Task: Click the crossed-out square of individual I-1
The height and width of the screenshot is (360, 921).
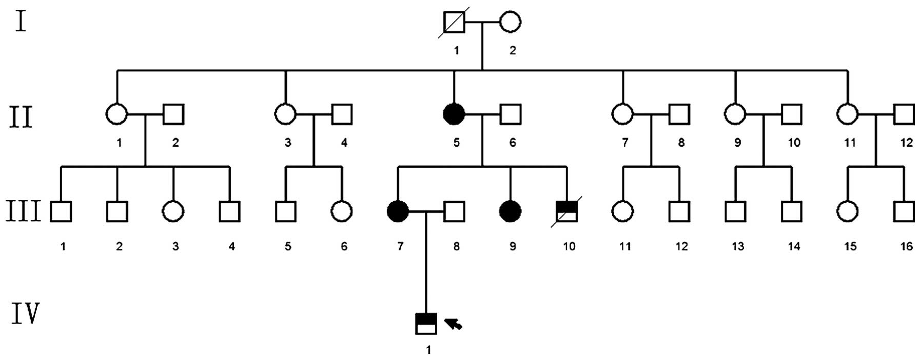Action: [x=454, y=22]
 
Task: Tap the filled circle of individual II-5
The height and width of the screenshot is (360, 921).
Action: [x=454, y=114]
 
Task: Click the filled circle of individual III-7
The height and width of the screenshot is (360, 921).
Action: [x=398, y=211]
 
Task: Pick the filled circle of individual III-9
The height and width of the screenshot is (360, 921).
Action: [x=510, y=211]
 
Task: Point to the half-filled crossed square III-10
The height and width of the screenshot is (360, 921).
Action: [x=566, y=211]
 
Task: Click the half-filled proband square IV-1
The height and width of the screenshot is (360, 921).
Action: [x=426, y=324]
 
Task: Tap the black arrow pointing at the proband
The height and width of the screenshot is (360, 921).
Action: [x=454, y=324]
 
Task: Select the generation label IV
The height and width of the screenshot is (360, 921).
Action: [x=25, y=314]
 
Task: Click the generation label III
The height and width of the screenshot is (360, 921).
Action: [x=23, y=211]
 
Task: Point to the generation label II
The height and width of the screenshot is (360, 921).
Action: [x=21, y=117]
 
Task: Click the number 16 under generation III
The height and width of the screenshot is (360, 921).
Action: [x=906, y=247]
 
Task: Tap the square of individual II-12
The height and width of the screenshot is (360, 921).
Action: [x=904, y=114]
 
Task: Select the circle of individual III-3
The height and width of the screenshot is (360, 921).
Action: [x=173, y=211]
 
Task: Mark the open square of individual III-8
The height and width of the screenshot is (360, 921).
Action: [x=454, y=211]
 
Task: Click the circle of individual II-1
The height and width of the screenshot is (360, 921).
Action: [x=117, y=114]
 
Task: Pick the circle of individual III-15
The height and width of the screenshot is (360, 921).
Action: [x=848, y=211]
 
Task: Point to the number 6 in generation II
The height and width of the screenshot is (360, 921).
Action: [x=513, y=143]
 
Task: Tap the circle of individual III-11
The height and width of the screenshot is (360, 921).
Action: [x=623, y=211]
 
